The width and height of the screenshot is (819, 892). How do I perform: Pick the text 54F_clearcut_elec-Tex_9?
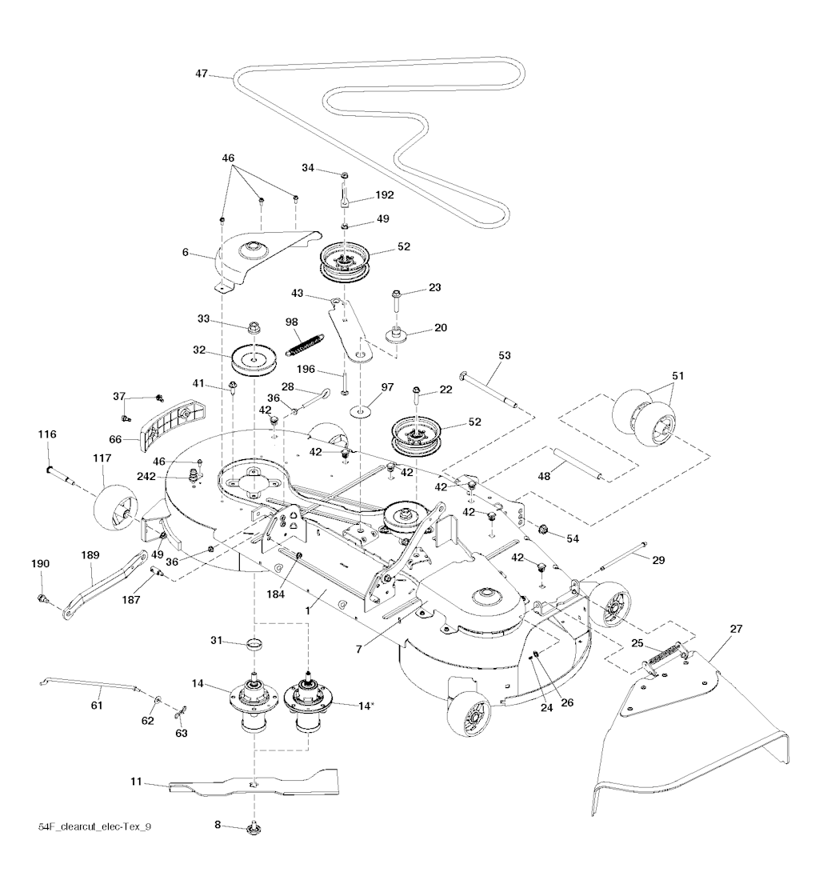pos(94,826)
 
